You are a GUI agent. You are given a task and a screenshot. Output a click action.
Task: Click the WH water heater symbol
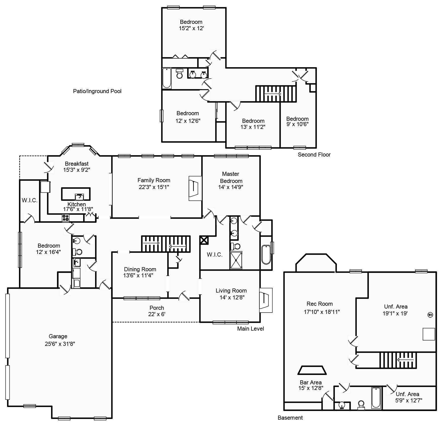click(430, 315)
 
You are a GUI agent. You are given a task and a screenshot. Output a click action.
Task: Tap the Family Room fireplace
click(195, 189)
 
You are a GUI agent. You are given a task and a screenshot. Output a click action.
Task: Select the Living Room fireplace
click(265, 300)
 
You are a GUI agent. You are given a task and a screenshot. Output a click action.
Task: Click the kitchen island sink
click(79, 197)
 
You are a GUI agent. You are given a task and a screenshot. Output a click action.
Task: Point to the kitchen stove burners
click(65, 218)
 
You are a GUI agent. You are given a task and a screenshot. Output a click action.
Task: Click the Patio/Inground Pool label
click(97, 91)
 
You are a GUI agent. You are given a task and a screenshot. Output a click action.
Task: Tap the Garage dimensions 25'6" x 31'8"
click(60, 344)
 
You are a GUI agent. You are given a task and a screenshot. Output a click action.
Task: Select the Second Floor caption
click(314, 155)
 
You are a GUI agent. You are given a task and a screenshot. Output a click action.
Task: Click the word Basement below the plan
click(290, 418)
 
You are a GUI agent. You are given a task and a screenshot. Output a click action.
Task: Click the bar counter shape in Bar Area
click(312, 370)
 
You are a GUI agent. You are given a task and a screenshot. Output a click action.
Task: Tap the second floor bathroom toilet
click(180, 74)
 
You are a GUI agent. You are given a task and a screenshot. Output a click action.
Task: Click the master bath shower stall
click(236, 260)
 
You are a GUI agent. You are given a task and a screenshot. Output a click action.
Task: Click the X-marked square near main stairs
click(204, 240)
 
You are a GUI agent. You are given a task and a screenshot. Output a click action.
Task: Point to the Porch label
click(157, 308)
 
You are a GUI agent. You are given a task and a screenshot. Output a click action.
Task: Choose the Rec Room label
click(319, 304)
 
